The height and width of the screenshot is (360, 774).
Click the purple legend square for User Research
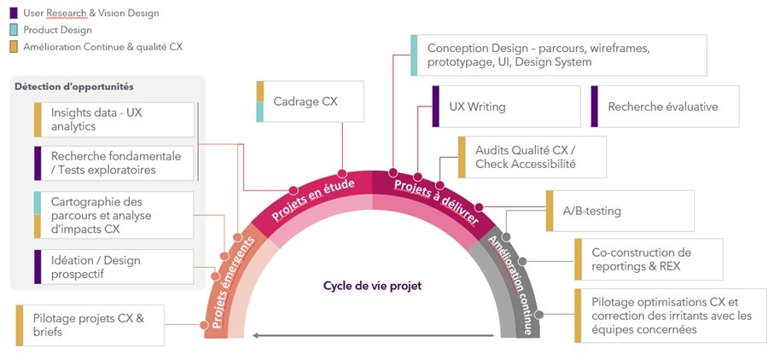[x=14, y=13]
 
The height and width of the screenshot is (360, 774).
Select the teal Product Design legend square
[x=14, y=30]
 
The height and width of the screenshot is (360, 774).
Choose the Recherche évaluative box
[x=661, y=107]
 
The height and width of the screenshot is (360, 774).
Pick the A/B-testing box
[x=619, y=211]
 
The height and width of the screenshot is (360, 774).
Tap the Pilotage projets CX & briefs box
[x=90, y=325]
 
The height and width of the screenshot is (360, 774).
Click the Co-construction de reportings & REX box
[x=648, y=259]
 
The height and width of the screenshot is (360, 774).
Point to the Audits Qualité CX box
[x=532, y=157]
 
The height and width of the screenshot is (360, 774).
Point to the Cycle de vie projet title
[x=372, y=286]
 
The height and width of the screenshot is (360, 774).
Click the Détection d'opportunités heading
[x=75, y=87]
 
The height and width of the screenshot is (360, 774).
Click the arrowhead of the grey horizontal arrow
[x=254, y=336]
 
